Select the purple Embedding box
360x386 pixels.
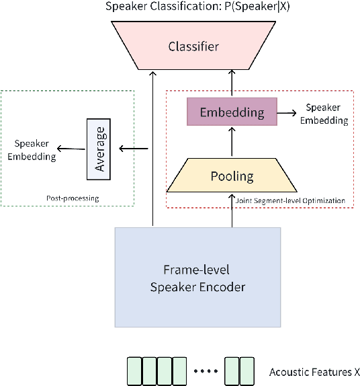tap(232, 112)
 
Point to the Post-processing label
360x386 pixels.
tap(72, 198)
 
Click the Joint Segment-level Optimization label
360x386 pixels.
tap(291, 200)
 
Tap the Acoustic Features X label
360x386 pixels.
tap(314, 372)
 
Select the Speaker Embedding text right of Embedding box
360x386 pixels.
tap(324, 114)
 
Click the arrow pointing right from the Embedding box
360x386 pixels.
tap(287, 113)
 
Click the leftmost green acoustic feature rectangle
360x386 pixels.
tap(134, 371)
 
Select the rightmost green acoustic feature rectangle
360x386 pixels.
tap(246, 371)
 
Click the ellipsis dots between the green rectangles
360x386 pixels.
tap(205, 371)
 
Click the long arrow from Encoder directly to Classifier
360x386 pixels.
tap(153, 148)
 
